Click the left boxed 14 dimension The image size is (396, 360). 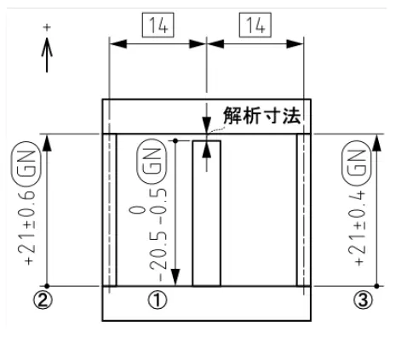158,25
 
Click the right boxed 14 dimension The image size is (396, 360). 255,25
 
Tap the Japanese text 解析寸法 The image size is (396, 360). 261,116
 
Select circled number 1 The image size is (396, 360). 158,300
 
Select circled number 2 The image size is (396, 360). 43,300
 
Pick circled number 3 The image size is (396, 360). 363,300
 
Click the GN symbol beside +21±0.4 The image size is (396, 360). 356,166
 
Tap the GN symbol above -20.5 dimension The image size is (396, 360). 152,162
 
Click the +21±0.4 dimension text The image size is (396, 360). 359,228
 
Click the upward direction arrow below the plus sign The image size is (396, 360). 47,54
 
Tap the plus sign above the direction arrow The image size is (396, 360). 47,27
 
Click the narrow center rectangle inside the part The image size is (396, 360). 207,214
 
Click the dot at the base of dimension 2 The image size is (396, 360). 47,286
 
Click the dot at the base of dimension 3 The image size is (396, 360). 376,286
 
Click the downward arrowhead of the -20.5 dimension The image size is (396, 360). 175,277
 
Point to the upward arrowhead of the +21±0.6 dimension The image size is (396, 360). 47,143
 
